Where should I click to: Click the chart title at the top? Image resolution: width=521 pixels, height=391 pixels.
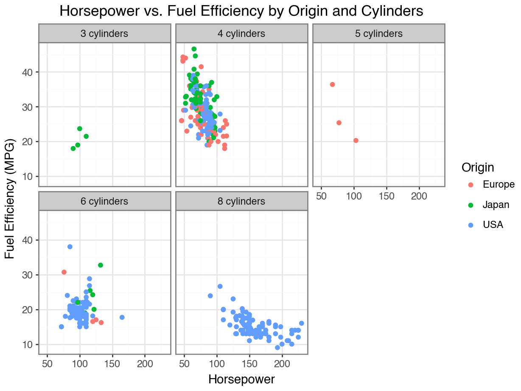241,11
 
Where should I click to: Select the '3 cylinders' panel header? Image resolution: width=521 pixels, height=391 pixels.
104,34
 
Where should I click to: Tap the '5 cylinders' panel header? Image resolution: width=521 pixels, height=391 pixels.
378,34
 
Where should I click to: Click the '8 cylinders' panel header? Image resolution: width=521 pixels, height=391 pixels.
241,201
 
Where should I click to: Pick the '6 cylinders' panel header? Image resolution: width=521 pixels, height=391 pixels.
104,201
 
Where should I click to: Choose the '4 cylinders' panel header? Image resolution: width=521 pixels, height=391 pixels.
241,34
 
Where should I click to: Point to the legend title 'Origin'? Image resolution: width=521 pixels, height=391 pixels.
478,167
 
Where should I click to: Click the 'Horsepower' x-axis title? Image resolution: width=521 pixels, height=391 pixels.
241,379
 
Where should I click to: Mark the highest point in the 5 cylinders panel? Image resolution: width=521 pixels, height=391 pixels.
332,84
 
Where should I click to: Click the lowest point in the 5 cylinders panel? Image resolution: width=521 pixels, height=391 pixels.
356,141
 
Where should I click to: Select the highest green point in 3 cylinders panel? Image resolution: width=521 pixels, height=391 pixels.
80,129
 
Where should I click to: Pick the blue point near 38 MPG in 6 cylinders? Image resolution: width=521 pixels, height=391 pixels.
70,247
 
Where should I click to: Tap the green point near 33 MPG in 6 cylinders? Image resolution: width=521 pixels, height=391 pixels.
101,265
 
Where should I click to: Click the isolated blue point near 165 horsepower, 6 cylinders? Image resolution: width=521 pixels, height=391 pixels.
122,317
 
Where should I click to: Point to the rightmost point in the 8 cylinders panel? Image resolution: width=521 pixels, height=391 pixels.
302,323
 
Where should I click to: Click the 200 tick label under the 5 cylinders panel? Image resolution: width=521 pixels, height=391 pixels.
419,196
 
